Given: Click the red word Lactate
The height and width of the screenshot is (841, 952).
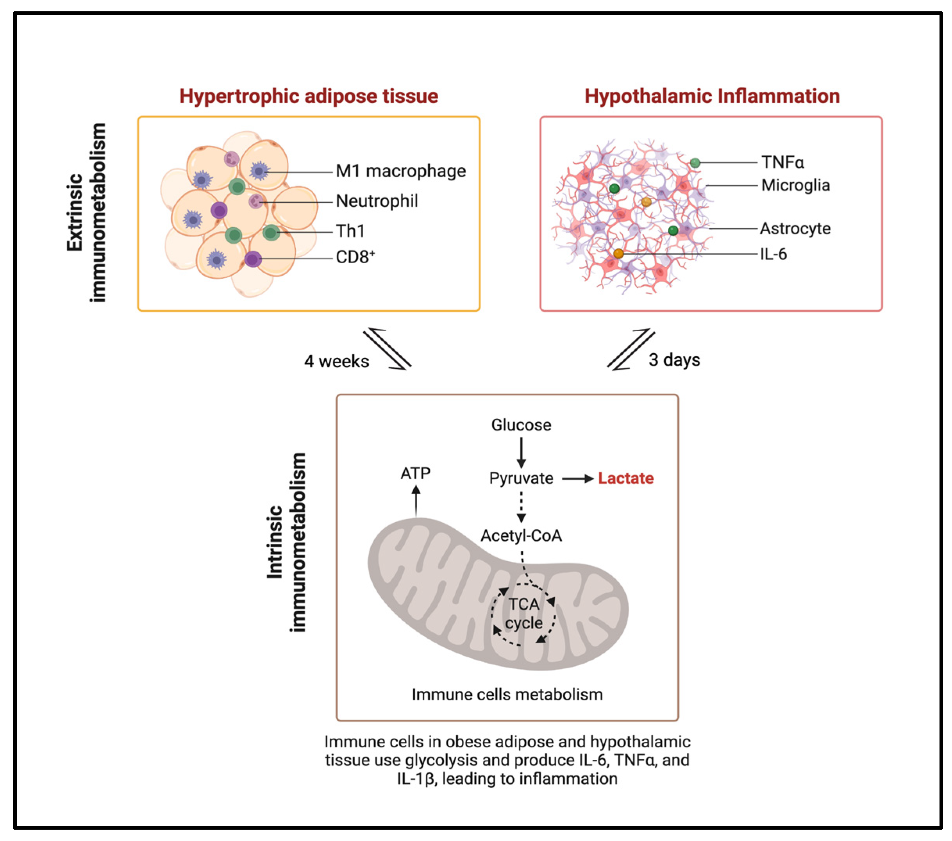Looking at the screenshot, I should pyautogui.click(x=625, y=478).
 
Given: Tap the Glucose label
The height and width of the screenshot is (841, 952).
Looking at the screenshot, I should pyautogui.click(x=521, y=425).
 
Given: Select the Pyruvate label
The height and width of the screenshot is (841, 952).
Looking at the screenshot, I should pyautogui.click(x=521, y=478).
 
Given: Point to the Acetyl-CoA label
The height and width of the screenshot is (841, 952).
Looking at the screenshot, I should pyautogui.click(x=521, y=536).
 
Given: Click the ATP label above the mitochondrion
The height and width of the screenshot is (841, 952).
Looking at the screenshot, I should pyautogui.click(x=416, y=473).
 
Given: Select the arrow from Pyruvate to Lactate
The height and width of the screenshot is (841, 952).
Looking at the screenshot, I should pyautogui.click(x=577, y=478).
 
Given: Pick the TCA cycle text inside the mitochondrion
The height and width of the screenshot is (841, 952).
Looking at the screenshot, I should pyautogui.click(x=524, y=614).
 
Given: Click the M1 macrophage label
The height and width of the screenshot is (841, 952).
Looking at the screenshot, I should pyautogui.click(x=400, y=171).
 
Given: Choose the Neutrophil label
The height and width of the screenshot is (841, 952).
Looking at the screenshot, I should pyautogui.click(x=377, y=201).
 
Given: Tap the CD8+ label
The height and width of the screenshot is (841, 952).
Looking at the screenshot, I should pyautogui.click(x=355, y=257).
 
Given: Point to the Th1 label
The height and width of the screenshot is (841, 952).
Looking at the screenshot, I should pyautogui.click(x=350, y=231).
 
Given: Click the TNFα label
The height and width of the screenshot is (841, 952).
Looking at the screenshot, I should pyautogui.click(x=782, y=162).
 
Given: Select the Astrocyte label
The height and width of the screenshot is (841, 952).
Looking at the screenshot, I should pyautogui.click(x=795, y=228).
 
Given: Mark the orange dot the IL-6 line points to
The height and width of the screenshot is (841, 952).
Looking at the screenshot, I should pyautogui.click(x=618, y=254).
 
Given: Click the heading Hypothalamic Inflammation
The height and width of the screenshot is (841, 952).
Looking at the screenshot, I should pyautogui.click(x=712, y=96).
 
